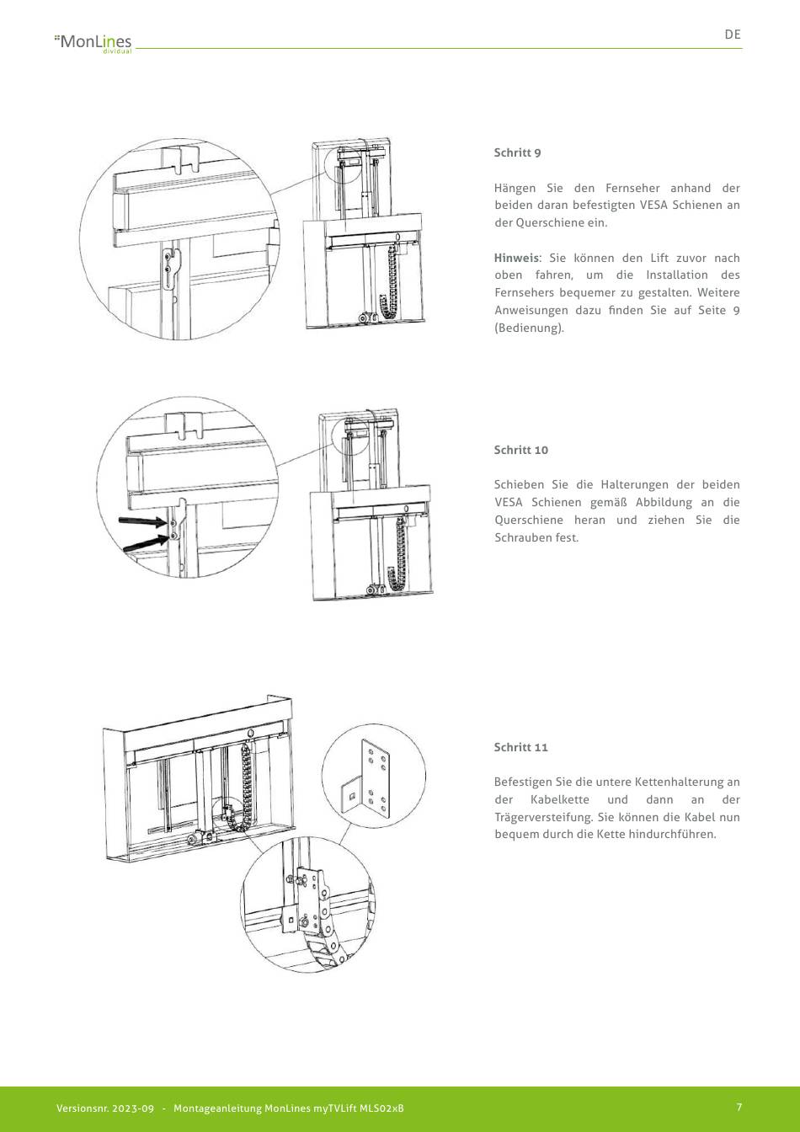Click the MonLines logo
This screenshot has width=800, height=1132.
[x=93, y=41]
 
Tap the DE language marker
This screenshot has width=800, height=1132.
[x=733, y=35]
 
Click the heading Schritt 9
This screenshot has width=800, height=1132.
[x=517, y=152]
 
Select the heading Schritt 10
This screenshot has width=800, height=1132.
[x=520, y=450]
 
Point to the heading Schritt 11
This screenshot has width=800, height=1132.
[x=520, y=747]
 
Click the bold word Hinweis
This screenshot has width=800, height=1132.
[x=515, y=258]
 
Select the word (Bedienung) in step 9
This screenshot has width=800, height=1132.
[x=528, y=328]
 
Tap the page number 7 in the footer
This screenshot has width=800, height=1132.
[x=739, y=1108]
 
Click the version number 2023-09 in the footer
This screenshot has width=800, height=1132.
[x=131, y=1108]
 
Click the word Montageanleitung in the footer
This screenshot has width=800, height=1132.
[x=217, y=1108]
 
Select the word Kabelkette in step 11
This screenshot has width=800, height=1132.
[x=557, y=799]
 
